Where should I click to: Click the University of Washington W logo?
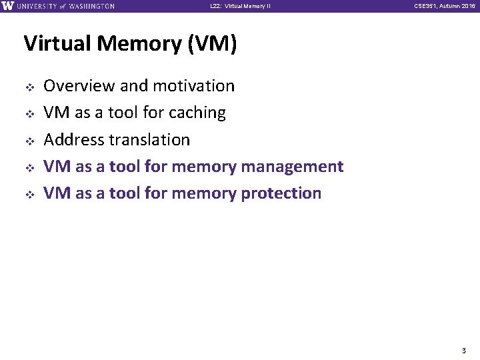(x=7, y=6)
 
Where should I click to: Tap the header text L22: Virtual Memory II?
(x=239, y=7)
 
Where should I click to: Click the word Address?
(x=73, y=140)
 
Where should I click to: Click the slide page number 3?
(x=463, y=349)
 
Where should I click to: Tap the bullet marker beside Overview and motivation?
(x=29, y=87)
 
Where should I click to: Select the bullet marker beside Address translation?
(x=29, y=141)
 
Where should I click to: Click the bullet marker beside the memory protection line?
(x=29, y=194)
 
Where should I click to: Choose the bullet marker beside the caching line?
(x=29, y=113)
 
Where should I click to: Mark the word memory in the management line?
(x=203, y=167)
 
